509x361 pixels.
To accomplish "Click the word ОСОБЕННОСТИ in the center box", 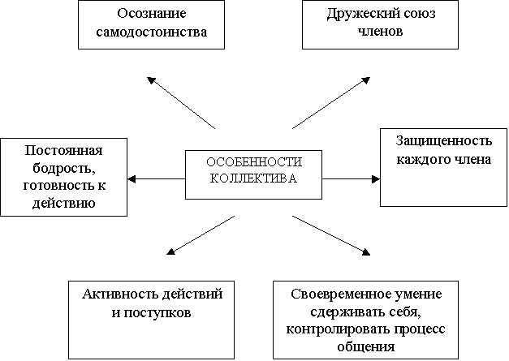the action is tap(254, 162).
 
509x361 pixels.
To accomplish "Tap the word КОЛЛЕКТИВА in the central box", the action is tap(253, 178).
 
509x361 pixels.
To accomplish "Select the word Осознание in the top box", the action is tap(152, 13).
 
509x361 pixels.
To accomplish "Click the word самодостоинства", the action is tap(151, 32).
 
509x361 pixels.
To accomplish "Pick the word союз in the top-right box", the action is tap(420, 14).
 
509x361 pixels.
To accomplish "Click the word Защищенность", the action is tap(444, 141).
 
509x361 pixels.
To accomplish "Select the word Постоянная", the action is tap(63, 151).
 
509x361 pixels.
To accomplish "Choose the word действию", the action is tap(63, 204).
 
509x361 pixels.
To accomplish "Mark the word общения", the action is tap(366, 347).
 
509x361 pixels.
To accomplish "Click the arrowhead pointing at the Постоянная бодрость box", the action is tap(132, 178).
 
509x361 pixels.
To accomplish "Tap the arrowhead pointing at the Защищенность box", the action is tap(376, 178).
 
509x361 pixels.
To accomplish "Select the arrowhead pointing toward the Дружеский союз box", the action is tap(366, 80).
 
